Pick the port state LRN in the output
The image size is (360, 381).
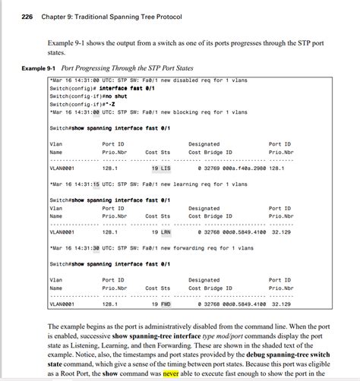(x=166, y=233)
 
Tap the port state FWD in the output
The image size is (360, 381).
(x=166, y=304)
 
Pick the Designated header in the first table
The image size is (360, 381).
(x=204, y=143)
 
